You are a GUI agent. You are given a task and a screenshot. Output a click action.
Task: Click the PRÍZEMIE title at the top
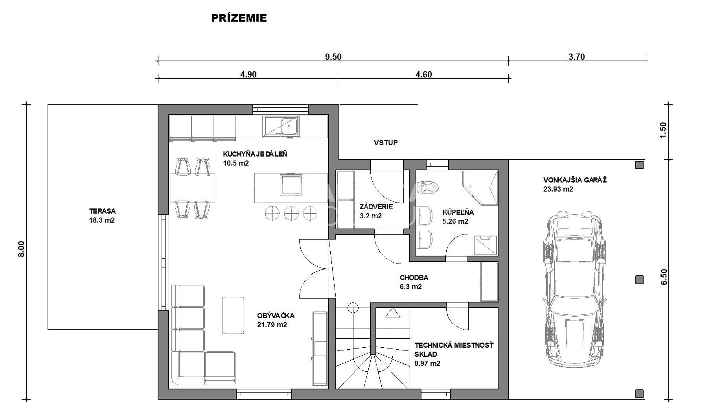(x=239, y=18)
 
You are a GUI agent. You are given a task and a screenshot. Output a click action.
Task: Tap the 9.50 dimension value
(x=333, y=57)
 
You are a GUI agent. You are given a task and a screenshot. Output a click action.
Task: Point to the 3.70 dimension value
(x=577, y=57)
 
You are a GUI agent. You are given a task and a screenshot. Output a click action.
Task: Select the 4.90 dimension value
(x=248, y=75)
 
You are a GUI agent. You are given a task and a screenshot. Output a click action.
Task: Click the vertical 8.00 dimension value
(x=22, y=249)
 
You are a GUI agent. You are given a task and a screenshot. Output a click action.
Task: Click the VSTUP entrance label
(x=386, y=142)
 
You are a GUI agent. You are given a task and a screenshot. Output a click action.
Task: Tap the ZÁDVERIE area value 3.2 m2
(x=371, y=216)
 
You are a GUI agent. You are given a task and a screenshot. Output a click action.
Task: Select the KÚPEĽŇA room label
(x=458, y=212)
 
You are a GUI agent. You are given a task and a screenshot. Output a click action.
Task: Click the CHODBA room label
(x=414, y=278)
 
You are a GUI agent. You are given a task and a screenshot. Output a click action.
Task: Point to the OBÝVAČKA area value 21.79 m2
(x=272, y=325)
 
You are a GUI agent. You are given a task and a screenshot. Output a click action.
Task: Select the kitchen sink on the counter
(x=281, y=127)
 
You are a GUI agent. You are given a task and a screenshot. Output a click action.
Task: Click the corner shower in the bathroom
(x=480, y=188)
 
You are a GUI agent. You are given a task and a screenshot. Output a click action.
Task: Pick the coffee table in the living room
(x=233, y=315)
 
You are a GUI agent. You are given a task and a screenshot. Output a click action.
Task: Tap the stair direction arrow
(x=392, y=313)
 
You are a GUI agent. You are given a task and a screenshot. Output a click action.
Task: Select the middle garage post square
(x=639, y=280)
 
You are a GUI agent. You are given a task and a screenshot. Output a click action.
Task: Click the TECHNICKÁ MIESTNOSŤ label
(x=454, y=345)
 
